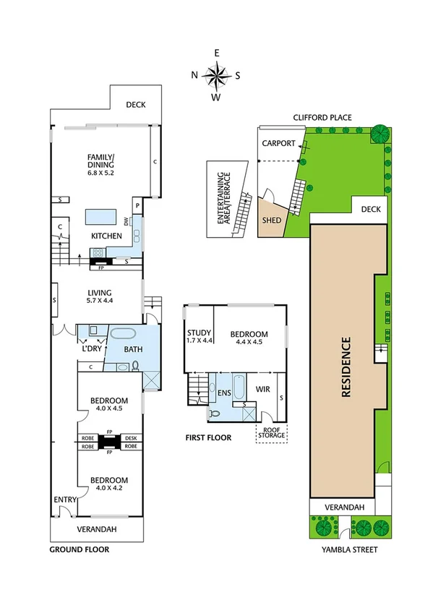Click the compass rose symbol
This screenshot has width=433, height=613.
tap(216, 74)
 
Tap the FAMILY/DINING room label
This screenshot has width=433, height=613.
tap(101, 165)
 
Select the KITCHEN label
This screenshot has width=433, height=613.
tap(106, 236)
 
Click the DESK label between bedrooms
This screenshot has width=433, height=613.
tap(131, 438)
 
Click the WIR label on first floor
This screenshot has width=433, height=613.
tap(262, 389)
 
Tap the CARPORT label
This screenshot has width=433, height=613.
tap(278, 143)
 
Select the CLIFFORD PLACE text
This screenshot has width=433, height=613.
tap(322, 116)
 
